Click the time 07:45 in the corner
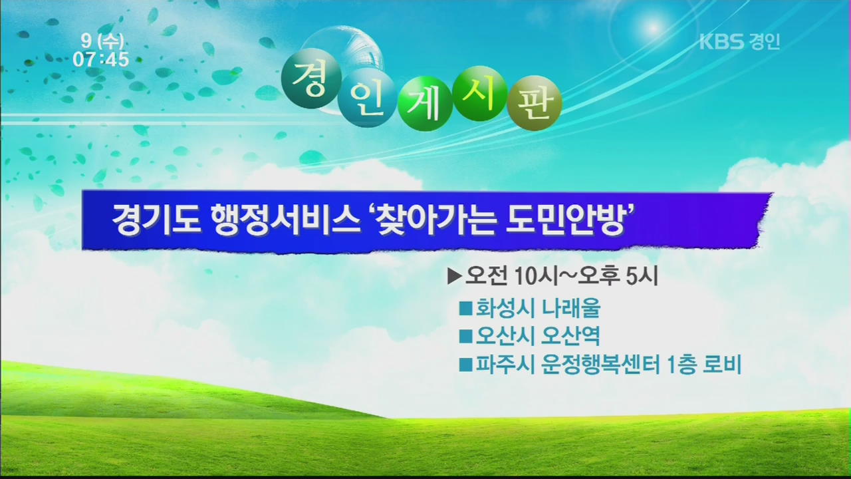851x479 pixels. click(x=101, y=59)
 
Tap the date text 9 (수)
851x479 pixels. click(x=102, y=41)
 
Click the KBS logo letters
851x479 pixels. click(x=722, y=41)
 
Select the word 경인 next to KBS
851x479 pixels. click(x=764, y=41)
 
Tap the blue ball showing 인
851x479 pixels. click(x=366, y=98)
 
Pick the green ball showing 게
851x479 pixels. click(x=425, y=103)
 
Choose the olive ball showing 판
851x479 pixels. click(x=534, y=102)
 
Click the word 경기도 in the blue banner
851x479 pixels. click(x=156, y=221)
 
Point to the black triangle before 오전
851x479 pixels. click(x=454, y=277)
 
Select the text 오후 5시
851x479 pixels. click(x=618, y=276)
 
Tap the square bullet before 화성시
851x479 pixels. click(x=465, y=308)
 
